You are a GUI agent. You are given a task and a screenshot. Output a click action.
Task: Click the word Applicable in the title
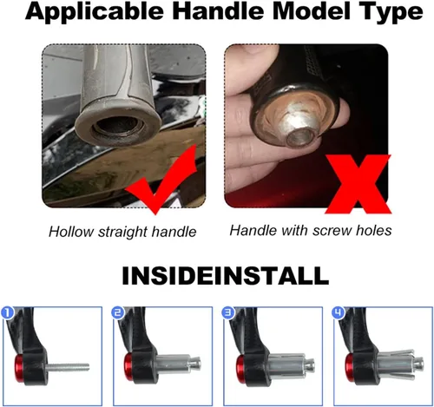pyautogui.click(x=95, y=12)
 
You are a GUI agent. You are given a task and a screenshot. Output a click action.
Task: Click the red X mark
pyautogui.click(x=358, y=185)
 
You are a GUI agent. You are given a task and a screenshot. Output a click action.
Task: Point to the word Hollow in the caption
pyautogui.click(x=71, y=232)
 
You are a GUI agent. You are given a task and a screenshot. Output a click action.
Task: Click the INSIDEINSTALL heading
pyautogui.click(x=226, y=276)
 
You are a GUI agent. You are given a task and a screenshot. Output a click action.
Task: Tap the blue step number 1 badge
pyautogui.click(x=8, y=313)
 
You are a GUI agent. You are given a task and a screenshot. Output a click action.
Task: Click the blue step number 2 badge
pyautogui.click(x=118, y=313)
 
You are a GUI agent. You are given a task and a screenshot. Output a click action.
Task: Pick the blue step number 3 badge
pyautogui.click(x=228, y=313)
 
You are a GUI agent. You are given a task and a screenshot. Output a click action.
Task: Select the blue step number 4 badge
pyautogui.click(x=339, y=313)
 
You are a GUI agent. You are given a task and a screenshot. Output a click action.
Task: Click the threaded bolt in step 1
pyautogui.click(x=67, y=368)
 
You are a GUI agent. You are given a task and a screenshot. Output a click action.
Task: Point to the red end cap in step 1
pyautogui.click(x=19, y=368)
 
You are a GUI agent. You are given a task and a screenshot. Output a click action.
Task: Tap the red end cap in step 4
pyautogui.click(x=350, y=367)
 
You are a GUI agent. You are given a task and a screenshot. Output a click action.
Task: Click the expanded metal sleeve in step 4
pyautogui.click(x=397, y=365)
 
